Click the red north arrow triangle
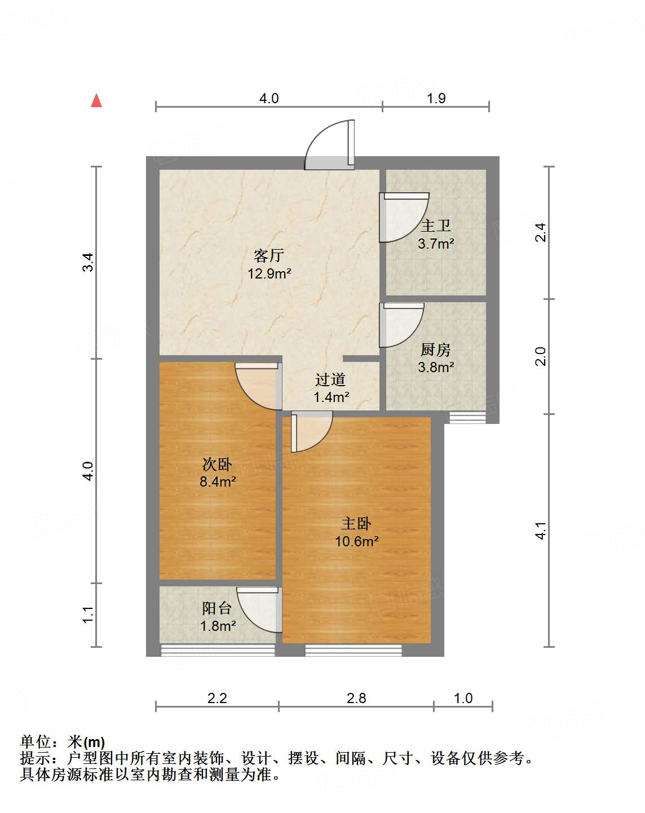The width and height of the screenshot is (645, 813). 96,101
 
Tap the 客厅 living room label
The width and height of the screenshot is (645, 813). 268,255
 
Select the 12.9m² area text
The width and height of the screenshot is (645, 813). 269,274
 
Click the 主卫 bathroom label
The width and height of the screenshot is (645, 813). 436,226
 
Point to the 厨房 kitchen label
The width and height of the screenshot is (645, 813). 436,350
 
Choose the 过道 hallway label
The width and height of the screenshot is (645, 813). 330,379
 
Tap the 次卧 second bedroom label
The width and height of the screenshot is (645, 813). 217,464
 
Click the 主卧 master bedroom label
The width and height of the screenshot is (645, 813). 356,523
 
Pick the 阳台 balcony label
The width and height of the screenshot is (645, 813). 217,608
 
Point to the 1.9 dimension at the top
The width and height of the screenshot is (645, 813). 436,98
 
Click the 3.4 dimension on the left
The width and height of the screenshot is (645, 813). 88,263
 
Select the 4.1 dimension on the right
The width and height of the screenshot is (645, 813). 541,531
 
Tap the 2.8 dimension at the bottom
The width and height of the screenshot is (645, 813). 356,698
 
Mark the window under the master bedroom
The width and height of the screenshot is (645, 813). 354,650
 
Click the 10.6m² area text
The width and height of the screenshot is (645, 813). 356,541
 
